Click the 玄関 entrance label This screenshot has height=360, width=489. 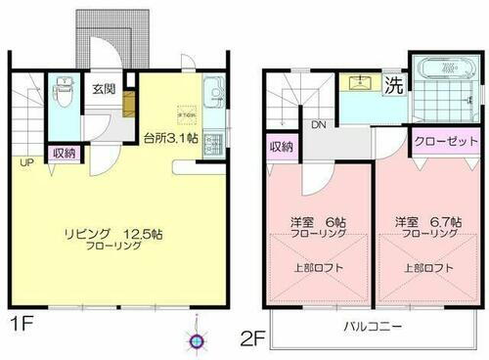click(104, 88)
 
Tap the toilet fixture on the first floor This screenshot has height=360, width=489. click(66, 93)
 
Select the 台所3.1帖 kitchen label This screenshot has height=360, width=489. click(176, 138)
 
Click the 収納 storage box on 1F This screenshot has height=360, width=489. click(65, 153)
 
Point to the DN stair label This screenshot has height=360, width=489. click(318, 125)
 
